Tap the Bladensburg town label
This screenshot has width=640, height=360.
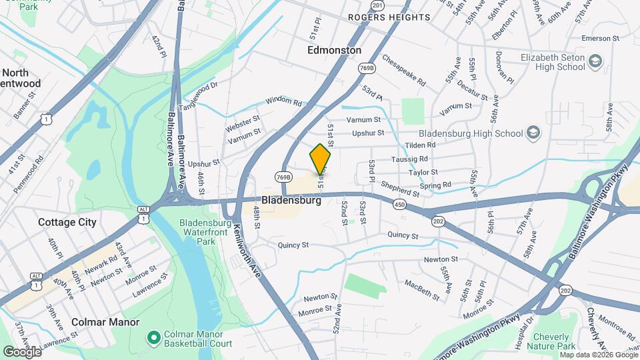coord(291,200)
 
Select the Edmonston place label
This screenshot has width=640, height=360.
coord(335,50)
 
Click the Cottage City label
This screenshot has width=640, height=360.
coord(67,222)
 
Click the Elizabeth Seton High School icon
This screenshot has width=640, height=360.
coord(595,62)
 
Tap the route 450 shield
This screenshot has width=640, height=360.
coord(399,204)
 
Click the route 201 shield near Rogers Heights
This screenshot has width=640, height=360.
coord(378,5)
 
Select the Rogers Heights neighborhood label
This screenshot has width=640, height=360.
coord(389,17)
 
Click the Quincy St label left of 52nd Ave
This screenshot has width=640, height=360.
coord(293,245)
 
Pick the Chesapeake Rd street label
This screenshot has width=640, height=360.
coord(403,71)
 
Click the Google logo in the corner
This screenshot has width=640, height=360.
coord(21,351)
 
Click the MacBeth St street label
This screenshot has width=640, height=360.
coord(421,289)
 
